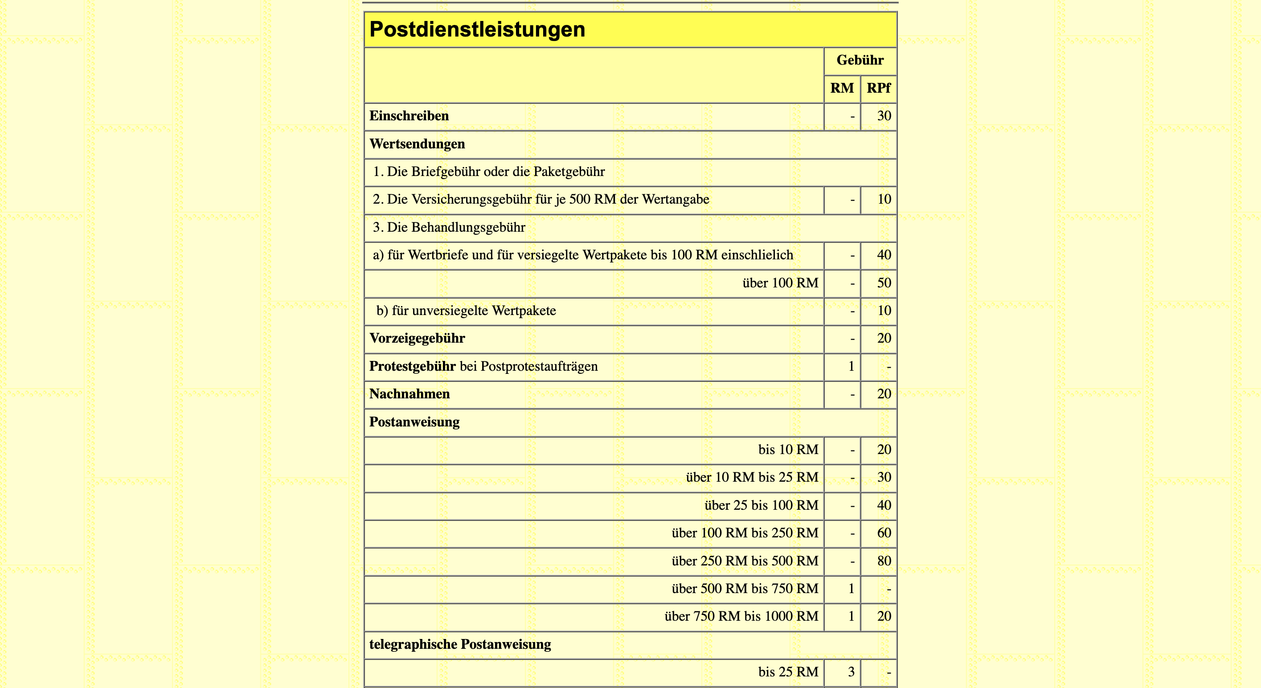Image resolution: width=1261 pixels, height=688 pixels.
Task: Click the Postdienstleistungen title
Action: [477, 29]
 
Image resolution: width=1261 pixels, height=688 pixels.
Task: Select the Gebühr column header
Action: [860, 60]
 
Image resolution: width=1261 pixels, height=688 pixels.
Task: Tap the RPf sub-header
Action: [878, 88]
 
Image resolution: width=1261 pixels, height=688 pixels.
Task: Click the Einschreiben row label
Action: [409, 116]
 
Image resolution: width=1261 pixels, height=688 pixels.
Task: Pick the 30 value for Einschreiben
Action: [884, 116]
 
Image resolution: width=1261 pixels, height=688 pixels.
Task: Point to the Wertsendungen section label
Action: [417, 144]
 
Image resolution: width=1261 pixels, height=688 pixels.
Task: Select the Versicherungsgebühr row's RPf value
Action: [884, 199]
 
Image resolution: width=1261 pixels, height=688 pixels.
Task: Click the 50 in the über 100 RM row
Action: [884, 283]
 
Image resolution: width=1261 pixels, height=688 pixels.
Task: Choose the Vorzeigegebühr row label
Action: [417, 338]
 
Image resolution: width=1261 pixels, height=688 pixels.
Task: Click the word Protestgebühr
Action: [412, 366]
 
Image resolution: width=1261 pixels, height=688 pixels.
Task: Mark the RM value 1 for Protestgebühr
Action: [851, 366]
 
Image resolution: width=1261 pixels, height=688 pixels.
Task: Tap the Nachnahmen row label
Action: [409, 394]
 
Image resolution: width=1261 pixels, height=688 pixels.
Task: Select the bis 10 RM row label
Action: [788, 450]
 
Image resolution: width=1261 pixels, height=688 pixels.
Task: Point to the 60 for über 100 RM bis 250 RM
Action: [884, 533]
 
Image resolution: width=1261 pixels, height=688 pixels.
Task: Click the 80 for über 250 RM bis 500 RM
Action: [884, 561]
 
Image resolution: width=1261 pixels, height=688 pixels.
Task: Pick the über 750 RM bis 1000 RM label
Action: [741, 616]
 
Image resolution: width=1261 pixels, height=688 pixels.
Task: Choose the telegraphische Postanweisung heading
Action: [460, 644]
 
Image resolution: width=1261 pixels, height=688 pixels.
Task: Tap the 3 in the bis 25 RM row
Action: [851, 672]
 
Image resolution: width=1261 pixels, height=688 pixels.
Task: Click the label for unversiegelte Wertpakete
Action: [466, 311]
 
